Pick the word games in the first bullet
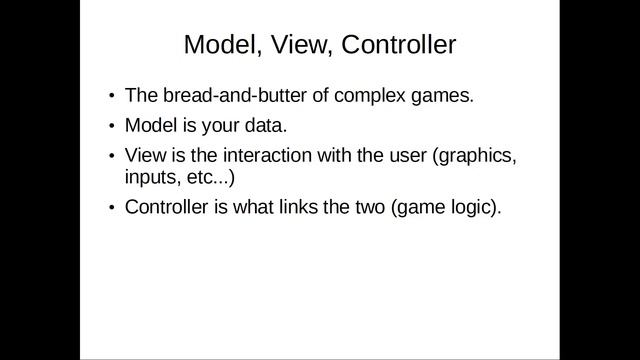pyautogui.click(x=437, y=97)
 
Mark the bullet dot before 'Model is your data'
pyautogui.click(x=112, y=127)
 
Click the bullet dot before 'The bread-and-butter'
pyautogui.click(x=112, y=97)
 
